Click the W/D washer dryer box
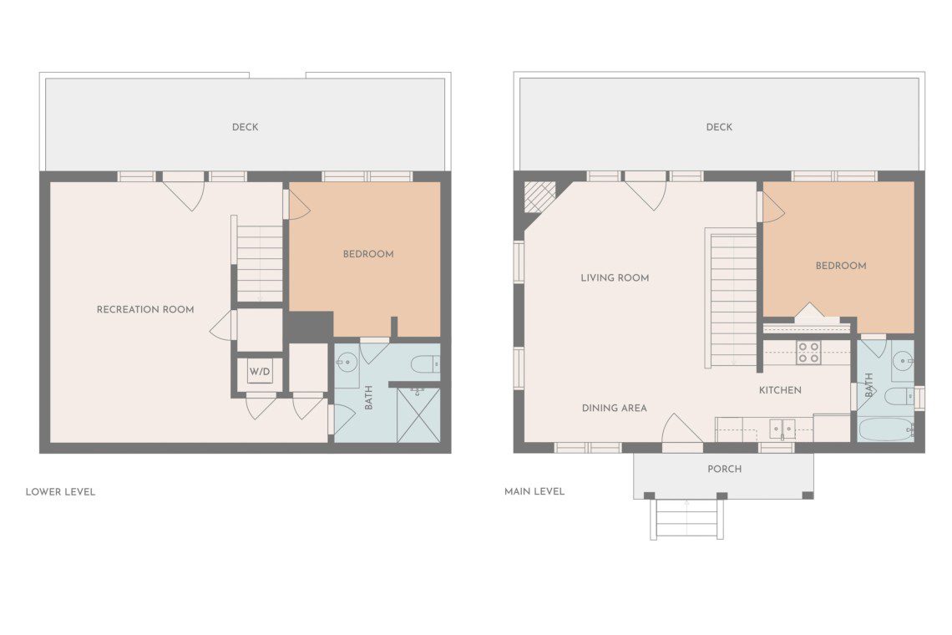[260, 371]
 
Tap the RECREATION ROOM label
[145, 309]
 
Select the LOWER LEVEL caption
[60, 491]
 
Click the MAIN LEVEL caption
[534, 491]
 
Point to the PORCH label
[724, 469]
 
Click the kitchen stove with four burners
[808, 353]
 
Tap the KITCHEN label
[780, 390]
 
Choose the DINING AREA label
[615, 408]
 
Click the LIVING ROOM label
[615, 277]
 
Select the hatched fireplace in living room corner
[539, 197]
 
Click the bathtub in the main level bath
[886, 429]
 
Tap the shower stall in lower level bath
[418, 414]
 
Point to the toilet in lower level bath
[425, 364]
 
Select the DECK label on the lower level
[246, 127]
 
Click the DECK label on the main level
[719, 127]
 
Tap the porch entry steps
[686, 519]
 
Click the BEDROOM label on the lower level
[368, 254]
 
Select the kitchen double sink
[782, 429]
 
